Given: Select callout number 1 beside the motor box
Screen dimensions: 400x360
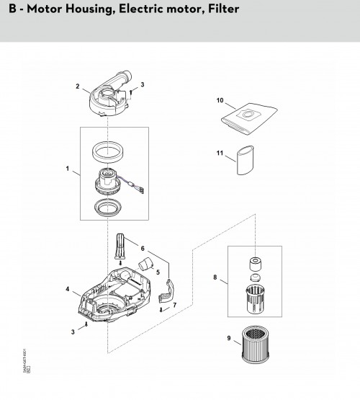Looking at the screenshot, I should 67,171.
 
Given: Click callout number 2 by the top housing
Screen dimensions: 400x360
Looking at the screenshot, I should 77,86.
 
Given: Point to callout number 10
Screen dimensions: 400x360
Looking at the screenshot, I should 221,100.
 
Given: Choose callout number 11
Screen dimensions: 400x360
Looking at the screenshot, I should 221,153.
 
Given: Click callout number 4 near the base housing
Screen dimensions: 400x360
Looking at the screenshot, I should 68,289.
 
